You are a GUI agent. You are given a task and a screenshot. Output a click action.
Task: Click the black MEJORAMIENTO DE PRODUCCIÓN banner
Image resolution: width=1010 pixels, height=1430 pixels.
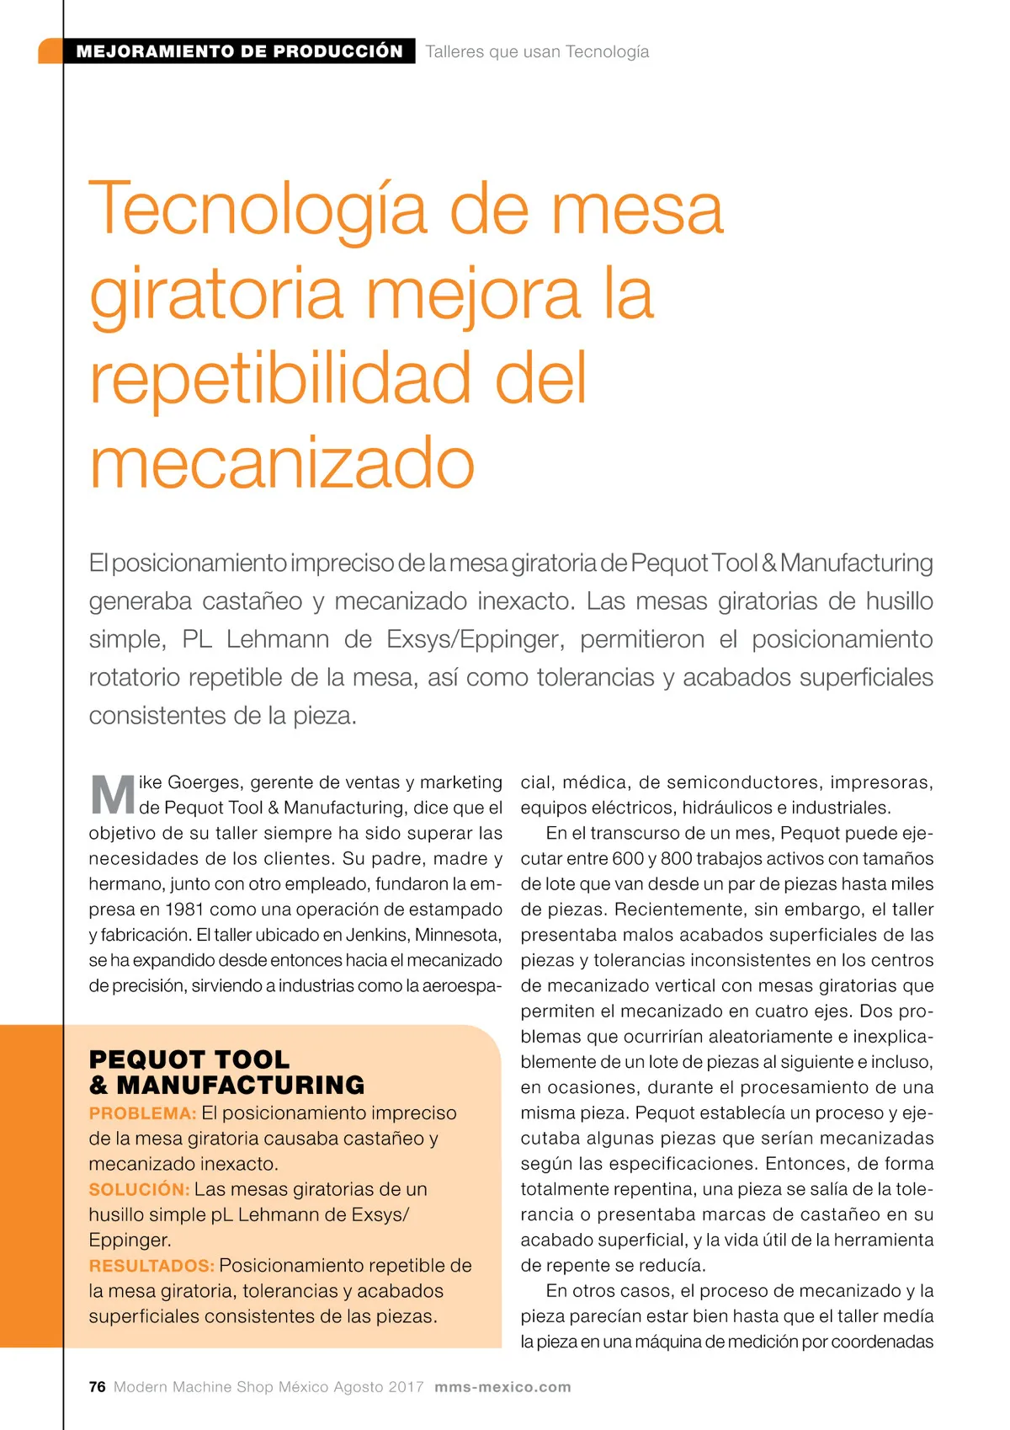point(239,51)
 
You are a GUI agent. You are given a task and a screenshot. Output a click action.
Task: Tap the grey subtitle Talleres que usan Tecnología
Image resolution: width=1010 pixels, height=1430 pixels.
point(537,51)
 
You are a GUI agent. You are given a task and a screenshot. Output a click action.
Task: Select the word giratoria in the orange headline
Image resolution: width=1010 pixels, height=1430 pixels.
point(216,294)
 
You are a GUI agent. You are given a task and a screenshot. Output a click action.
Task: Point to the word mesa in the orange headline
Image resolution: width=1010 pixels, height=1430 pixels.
point(637,209)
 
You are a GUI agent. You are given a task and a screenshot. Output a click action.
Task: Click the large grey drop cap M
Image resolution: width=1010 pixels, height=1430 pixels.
point(112,795)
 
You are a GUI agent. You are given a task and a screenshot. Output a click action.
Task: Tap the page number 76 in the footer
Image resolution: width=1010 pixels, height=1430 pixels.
point(98,1387)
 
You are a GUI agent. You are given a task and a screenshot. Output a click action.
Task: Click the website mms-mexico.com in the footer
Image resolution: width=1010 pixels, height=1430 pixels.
point(502,1387)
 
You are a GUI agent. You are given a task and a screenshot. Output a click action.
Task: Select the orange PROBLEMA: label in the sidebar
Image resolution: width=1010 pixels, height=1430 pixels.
point(142,1113)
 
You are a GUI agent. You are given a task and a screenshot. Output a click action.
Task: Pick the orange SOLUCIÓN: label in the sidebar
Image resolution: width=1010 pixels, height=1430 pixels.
point(140,1189)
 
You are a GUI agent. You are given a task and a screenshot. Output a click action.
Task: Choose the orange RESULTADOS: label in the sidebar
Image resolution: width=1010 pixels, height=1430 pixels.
point(151,1266)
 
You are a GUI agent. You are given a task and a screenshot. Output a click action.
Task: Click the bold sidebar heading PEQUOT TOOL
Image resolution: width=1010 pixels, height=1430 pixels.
point(189,1059)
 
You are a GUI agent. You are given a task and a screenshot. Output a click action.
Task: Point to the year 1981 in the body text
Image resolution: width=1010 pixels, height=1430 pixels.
point(184,910)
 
